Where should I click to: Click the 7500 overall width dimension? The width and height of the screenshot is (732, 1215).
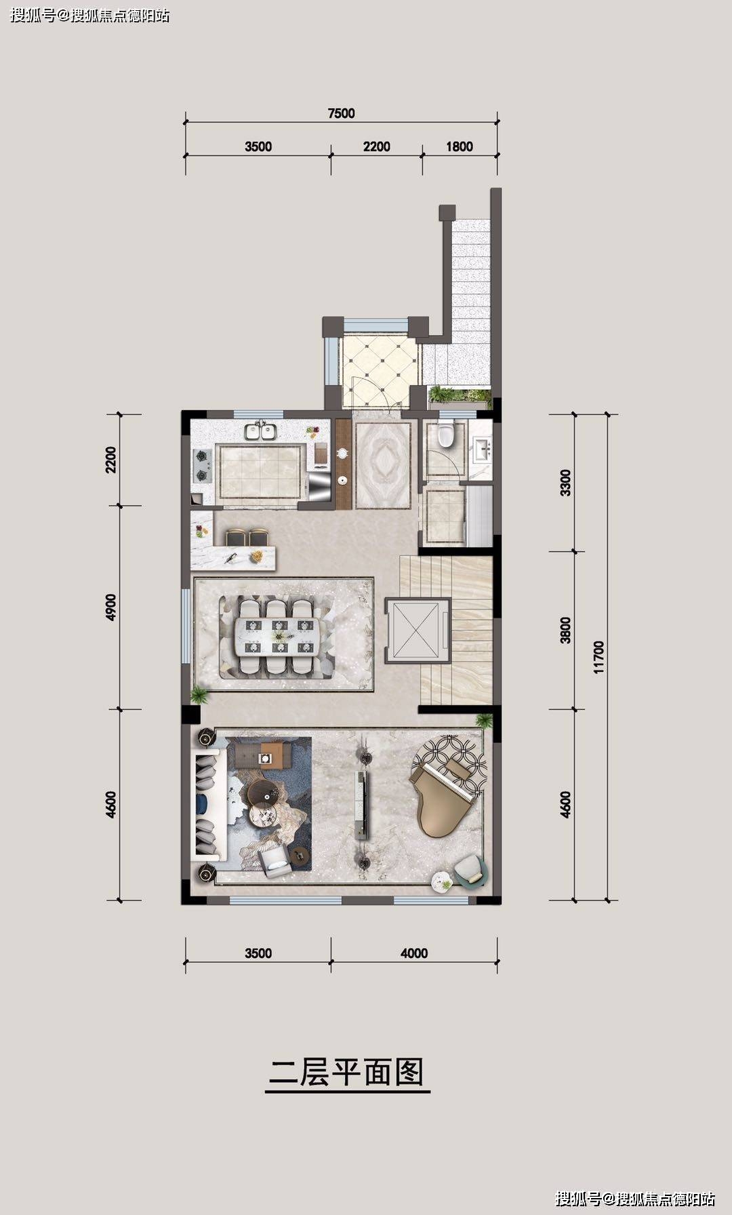point(341,113)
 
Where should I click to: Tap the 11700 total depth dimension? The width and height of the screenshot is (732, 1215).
point(598,657)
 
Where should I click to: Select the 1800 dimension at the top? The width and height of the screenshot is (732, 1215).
point(460,146)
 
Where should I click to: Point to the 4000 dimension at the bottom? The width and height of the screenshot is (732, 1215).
point(414,953)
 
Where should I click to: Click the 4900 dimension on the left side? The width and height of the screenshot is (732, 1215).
point(111,607)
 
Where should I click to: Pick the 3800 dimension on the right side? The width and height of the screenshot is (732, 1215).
point(566,630)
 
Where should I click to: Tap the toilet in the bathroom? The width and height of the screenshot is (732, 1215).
point(445,433)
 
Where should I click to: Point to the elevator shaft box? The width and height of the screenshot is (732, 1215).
point(418,631)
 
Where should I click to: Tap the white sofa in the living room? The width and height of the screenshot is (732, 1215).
point(209,804)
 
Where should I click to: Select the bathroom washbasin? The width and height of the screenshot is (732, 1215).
point(484,447)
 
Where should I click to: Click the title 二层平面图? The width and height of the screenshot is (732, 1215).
point(346,1073)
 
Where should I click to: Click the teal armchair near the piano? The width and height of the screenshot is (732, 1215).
point(470,870)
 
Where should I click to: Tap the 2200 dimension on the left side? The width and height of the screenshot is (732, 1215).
point(111,460)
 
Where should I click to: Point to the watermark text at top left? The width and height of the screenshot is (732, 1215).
point(91,15)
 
